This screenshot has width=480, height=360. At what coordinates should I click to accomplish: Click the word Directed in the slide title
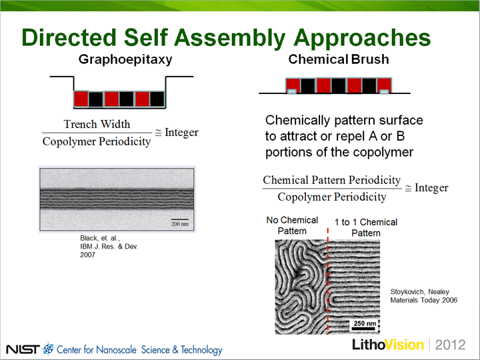pyautogui.click(x=69, y=37)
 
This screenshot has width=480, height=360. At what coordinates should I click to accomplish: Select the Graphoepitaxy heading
pyautogui.click(x=125, y=59)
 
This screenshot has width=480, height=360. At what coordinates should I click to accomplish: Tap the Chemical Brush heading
pyautogui.click(x=339, y=59)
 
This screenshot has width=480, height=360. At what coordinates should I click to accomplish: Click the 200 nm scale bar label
pyautogui.click(x=180, y=224)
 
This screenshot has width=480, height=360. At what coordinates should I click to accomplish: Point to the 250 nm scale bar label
pyautogui.click(x=365, y=323)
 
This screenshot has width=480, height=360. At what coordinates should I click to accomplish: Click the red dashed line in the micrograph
pyautogui.click(x=328, y=281)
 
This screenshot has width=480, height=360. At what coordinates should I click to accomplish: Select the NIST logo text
pyautogui.click(x=23, y=349)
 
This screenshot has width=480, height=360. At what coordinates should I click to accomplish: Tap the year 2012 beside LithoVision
pyautogui.click(x=450, y=345)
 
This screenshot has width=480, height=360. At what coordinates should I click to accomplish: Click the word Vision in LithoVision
pyautogui.click(x=404, y=345)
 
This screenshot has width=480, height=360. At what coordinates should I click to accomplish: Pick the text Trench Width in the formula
pyautogui.click(x=97, y=124)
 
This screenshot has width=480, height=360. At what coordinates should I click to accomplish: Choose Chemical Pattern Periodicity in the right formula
pyautogui.click(x=332, y=180)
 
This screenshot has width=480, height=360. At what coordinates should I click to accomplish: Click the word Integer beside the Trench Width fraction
pyautogui.click(x=181, y=133)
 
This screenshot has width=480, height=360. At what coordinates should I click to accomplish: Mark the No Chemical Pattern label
pyautogui.click(x=292, y=225)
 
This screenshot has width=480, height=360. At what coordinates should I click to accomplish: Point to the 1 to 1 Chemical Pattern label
pyautogui.click(x=366, y=227)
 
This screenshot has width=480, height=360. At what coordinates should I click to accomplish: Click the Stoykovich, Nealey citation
pyautogui.click(x=424, y=296)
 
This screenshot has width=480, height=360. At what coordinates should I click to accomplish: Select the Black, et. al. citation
pyautogui.click(x=109, y=247)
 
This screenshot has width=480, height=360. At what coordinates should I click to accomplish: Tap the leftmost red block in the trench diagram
pyautogui.click(x=81, y=99)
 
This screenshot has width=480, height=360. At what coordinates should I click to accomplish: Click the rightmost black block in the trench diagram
pyautogui.click(x=157, y=99)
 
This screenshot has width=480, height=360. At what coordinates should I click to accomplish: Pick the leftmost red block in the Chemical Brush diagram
pyautogui.click(x=293, y=85)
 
